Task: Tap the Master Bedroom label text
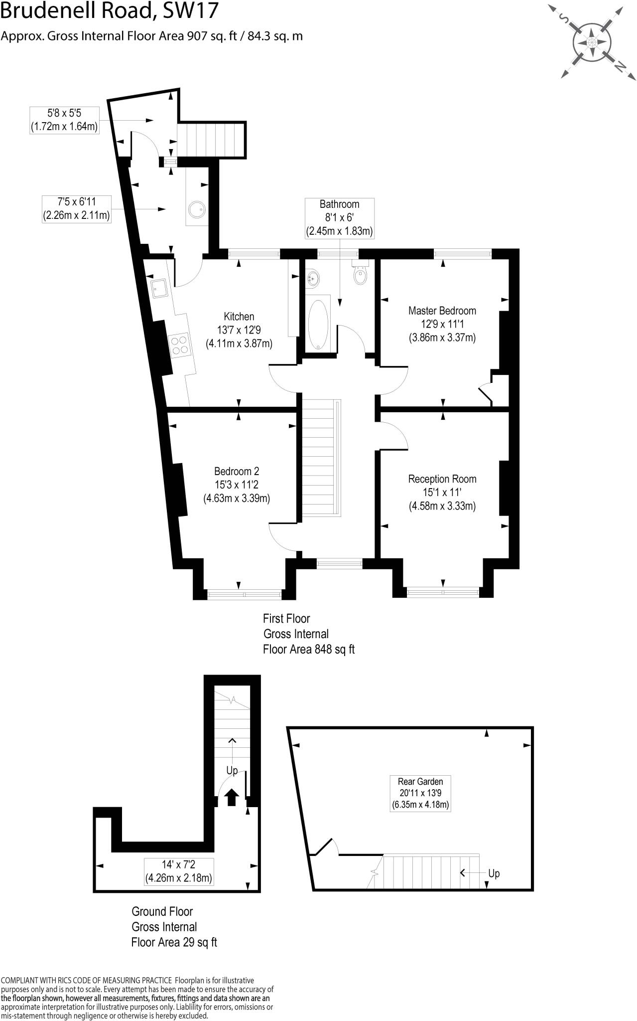442,311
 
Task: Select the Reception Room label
442,479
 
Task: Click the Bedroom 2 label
237,471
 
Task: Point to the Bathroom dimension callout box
339,218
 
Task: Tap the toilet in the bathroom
360,275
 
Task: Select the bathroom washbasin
312,278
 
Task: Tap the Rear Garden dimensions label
420,793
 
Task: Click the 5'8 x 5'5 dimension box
64,120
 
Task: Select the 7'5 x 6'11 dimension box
77,209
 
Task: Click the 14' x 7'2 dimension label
179,871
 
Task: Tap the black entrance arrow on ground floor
232,797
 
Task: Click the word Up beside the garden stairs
494,873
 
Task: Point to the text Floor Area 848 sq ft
308,649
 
